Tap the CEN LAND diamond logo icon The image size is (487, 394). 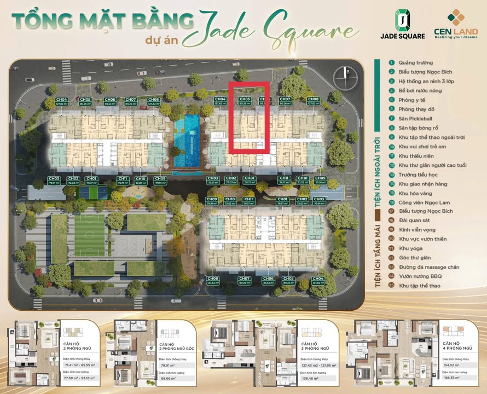click(455, 17)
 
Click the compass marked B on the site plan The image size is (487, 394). click(347, 71)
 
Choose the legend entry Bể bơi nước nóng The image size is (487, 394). click(422, 90)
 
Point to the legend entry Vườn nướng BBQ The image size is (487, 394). click(420, 276)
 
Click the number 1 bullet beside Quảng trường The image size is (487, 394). click(392, 62)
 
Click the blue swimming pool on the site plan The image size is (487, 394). click(186, 141)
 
